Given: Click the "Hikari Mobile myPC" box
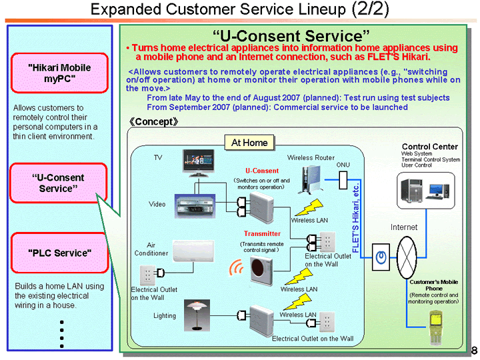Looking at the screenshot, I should (59, 73).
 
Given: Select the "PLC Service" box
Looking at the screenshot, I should (59, 253).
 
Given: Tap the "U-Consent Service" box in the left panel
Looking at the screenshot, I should (59, 183).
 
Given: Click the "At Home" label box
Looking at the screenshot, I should (249, 143).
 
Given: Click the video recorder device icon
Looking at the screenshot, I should (195, 206).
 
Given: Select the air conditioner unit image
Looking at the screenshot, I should (195, 251).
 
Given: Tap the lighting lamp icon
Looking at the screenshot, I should (197, 314).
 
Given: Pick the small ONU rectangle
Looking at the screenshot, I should (343, 180).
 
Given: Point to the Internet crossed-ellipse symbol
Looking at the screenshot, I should (407, 257).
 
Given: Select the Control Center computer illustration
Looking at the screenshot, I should (424, 191).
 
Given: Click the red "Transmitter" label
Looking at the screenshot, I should (262, 234).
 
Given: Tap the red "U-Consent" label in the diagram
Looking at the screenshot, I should (262, 171).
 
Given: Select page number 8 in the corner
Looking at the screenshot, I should (474, 351).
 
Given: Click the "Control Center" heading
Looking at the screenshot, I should (429, 147).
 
